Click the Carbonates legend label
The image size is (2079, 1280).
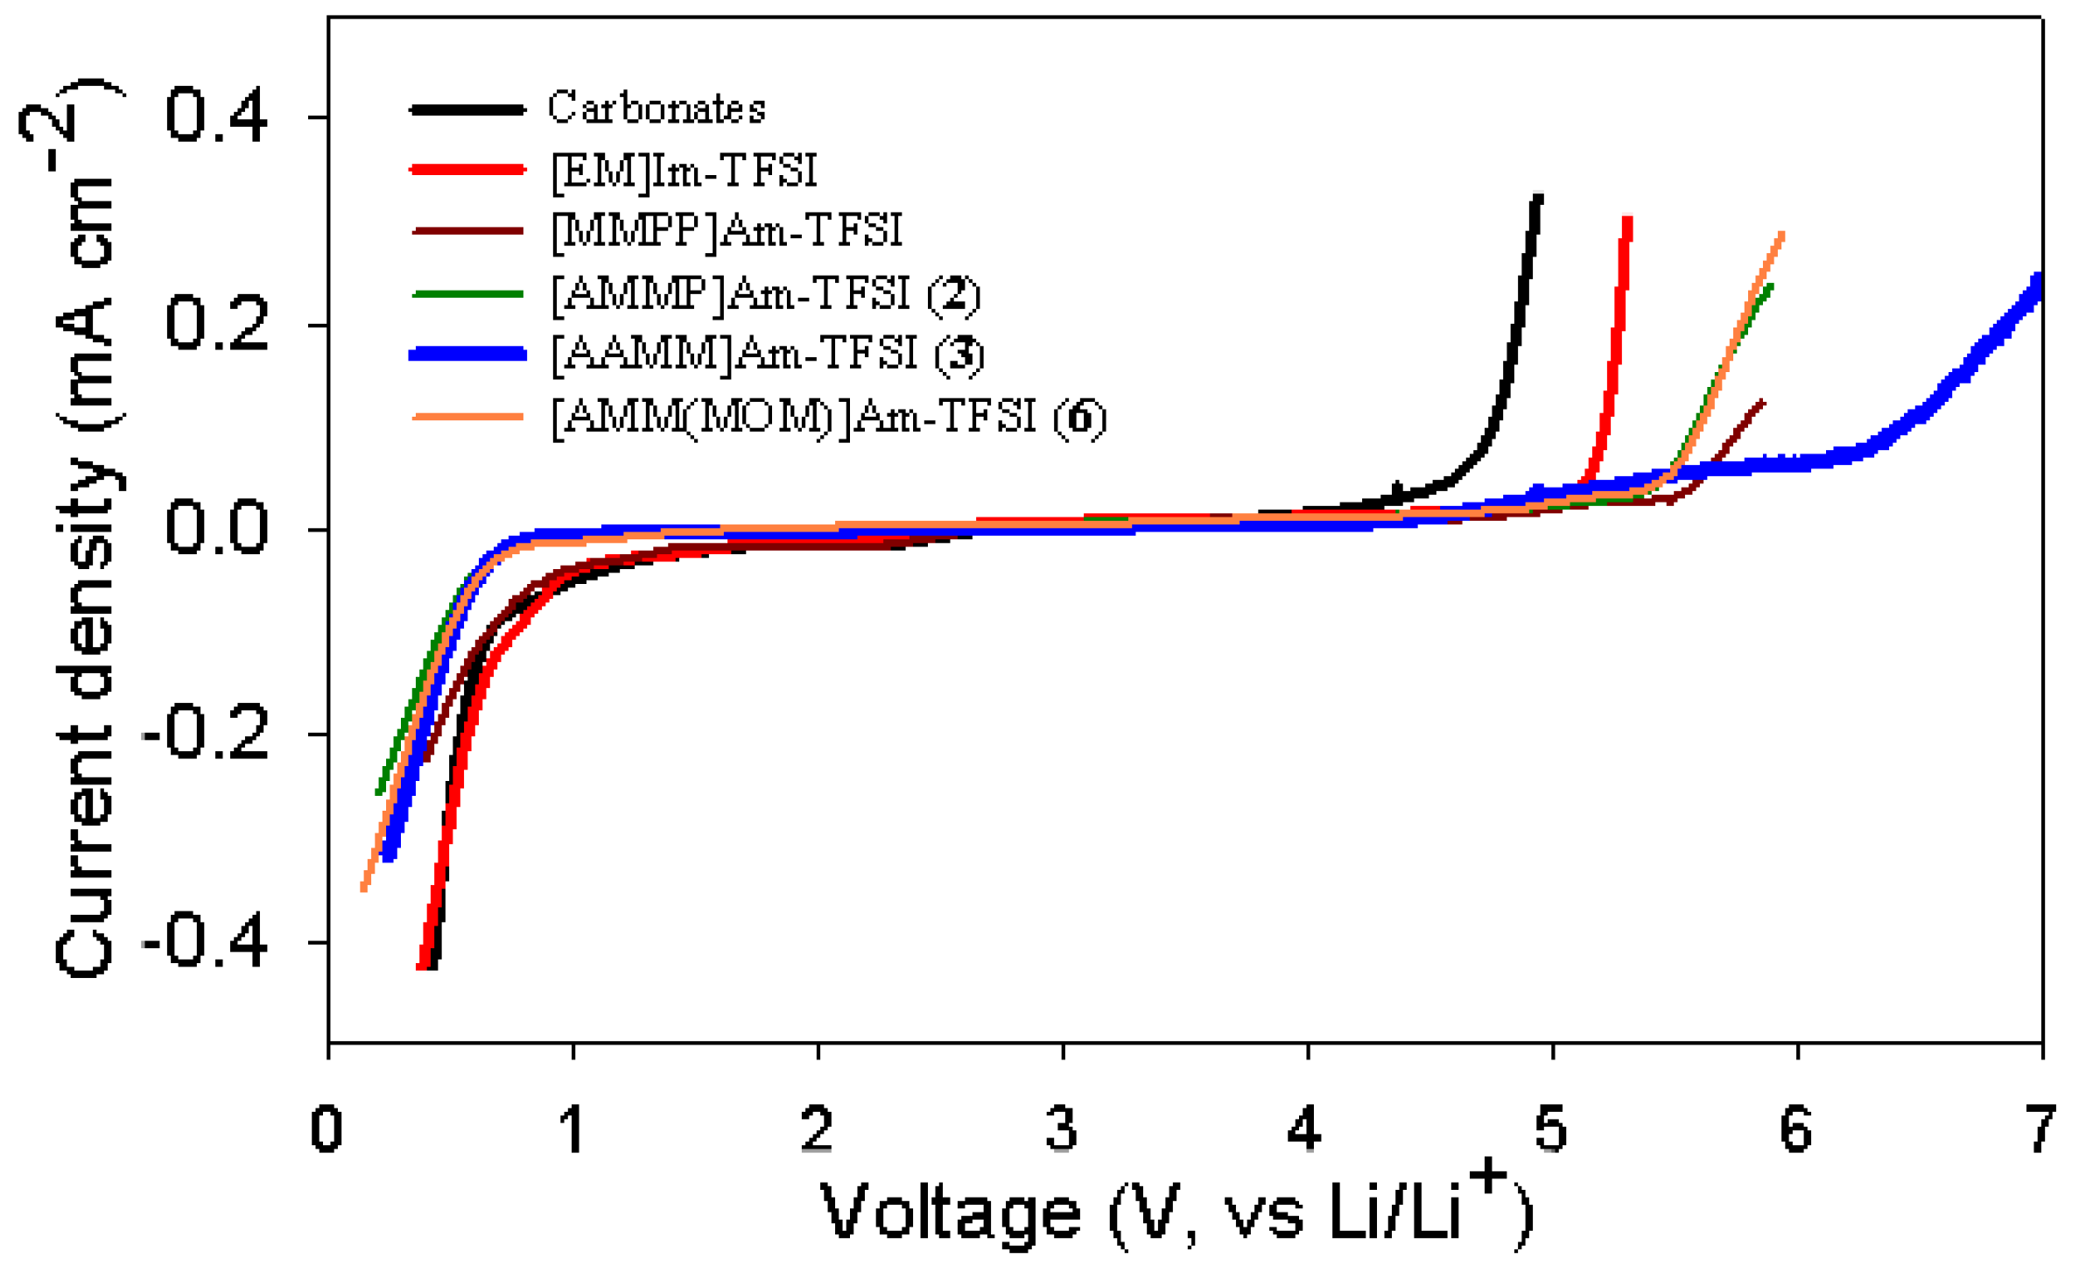(657, 109)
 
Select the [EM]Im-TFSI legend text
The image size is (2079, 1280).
(684, 171)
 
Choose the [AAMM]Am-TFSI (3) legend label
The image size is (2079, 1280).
(768, 355)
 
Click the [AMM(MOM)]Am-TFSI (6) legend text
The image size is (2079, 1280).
(828, 417)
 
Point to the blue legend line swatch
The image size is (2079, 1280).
(467, 354)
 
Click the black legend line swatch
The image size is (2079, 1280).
(467, 109)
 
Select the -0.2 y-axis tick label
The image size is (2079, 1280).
(205, 734)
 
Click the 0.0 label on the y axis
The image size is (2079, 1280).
(216, 528)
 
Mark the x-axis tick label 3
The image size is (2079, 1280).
(1062, 1129)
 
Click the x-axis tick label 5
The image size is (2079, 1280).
(1551, 1129)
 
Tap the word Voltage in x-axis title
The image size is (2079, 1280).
(951, 1213)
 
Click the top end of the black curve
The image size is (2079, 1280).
(1539, 197)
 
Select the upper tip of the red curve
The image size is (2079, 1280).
(1628, 219)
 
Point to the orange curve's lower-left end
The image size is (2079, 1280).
(364, 889)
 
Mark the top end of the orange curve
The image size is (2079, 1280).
(1782, 234)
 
